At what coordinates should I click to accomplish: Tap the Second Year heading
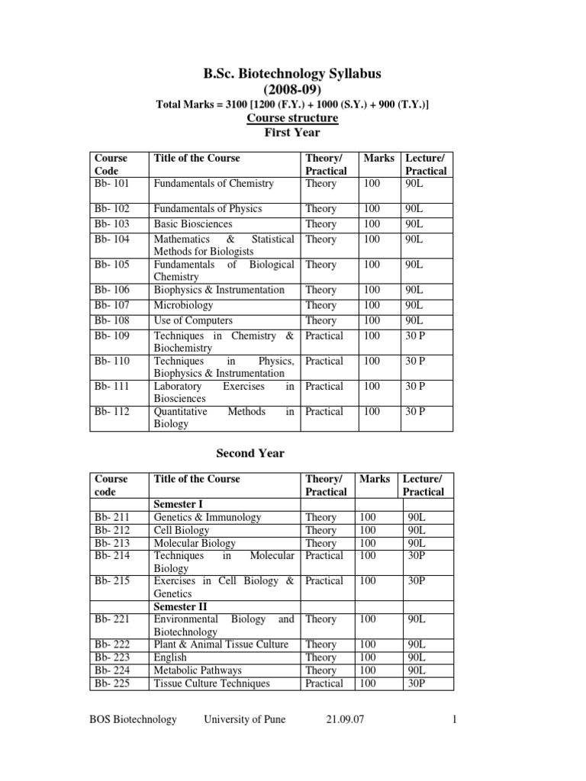click(250, 453)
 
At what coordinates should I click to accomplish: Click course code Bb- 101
click(111, 184)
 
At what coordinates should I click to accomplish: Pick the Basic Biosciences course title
click(193, 224)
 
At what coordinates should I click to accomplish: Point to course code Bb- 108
click(111, 321)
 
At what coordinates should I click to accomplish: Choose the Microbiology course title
click(183, 306)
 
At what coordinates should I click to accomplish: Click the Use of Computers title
click(193, 321)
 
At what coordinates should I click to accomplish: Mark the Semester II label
click(182, 606)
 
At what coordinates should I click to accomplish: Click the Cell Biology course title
click(180, 530)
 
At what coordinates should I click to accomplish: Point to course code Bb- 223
click(111, 657)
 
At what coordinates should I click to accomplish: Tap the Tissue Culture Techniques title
click(211, 683)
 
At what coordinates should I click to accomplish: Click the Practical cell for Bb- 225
click(324, 683)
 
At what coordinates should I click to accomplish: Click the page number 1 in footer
click(453, 719)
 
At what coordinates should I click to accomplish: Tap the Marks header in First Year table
click(379, 159)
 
